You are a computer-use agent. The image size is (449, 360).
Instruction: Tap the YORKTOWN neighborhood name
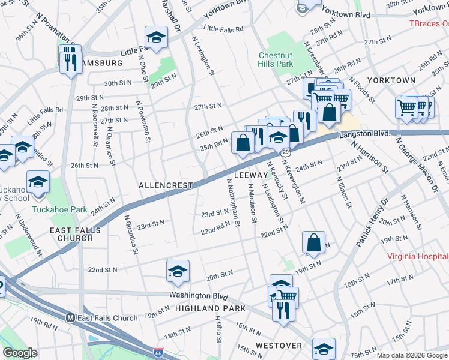click(391, 80)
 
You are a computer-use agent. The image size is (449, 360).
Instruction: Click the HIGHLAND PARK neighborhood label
click(210, 308)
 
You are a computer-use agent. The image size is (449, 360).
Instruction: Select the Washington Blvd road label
click(198, 296)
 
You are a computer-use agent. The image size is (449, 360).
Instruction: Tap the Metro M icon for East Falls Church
click(70, 318)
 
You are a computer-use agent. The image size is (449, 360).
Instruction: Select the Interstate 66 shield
click(158, 351)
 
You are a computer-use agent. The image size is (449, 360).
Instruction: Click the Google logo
click(20, 353)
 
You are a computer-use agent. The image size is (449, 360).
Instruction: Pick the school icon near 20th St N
click(178, 271)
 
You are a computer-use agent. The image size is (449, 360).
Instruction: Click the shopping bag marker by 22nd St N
click(313, 242)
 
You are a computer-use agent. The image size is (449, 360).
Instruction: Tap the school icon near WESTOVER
click(324, 347)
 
